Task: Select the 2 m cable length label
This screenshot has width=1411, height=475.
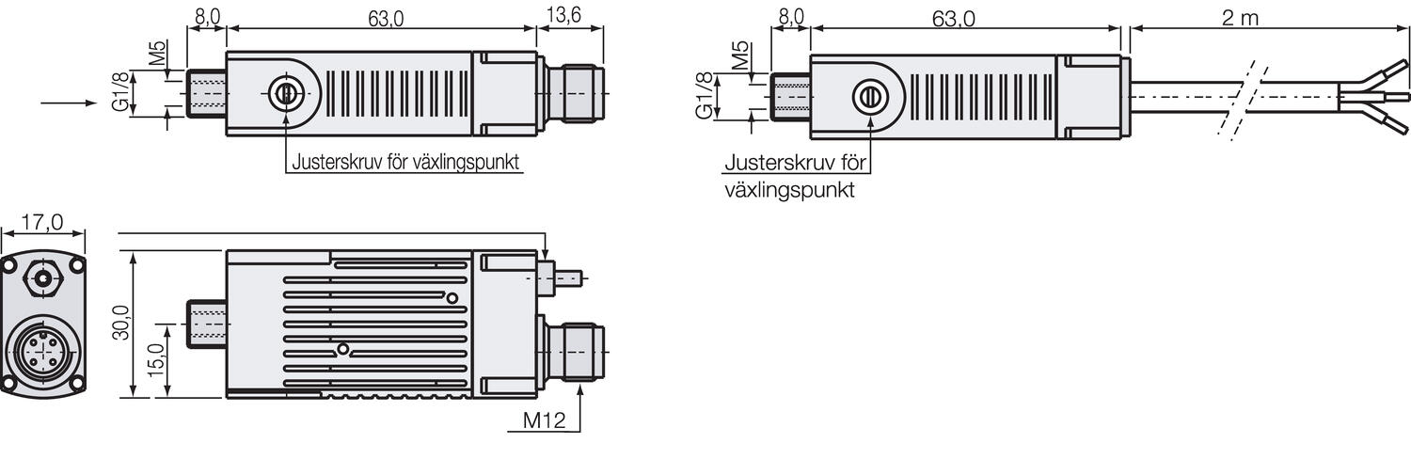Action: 1241,17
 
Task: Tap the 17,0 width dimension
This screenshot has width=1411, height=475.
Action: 41,222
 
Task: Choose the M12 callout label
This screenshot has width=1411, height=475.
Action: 543,421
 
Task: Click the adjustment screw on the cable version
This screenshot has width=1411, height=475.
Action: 868,97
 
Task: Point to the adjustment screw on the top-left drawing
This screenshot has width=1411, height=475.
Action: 284,93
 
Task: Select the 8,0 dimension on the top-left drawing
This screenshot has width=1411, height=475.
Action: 206,17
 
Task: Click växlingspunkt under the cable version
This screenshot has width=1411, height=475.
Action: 789,189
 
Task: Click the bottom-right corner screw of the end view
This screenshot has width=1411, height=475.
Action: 76,383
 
